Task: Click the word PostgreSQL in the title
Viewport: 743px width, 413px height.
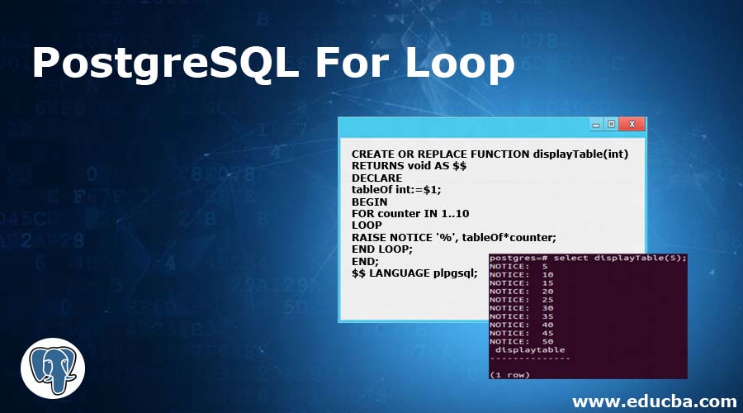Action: tap(165, 63)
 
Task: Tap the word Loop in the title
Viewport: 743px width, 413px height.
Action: tap(460, 63)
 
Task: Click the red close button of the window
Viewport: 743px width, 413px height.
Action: tap(632, 124)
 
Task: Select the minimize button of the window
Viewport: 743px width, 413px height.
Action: tap(596, 125)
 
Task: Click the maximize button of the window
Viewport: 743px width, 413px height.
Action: tap(611, 124)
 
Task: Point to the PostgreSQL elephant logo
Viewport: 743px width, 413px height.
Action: tap(53, 368)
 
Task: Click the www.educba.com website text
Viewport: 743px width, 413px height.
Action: tap(655, 401)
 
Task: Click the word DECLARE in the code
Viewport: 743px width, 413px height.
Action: tap(376, 178)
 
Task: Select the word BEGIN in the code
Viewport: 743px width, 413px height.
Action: tap(370, 202)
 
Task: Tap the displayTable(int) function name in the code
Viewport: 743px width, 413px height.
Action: tap(580, 154)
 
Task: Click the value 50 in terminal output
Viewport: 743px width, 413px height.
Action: tap(548, 341)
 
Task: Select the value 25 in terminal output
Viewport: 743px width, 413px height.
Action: tap(548, 300)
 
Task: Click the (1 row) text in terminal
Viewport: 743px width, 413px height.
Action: tap(510, 375)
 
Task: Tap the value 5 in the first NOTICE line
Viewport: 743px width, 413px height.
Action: tap(545, 266)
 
